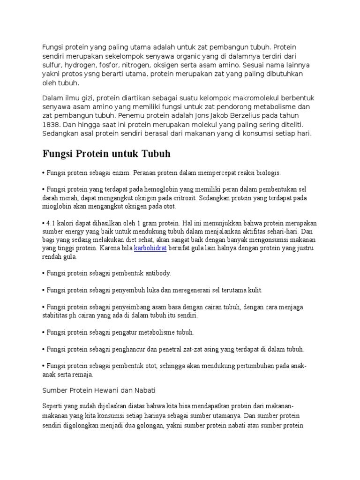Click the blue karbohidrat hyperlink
tap(150, 247)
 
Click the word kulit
tap(254, 290)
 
